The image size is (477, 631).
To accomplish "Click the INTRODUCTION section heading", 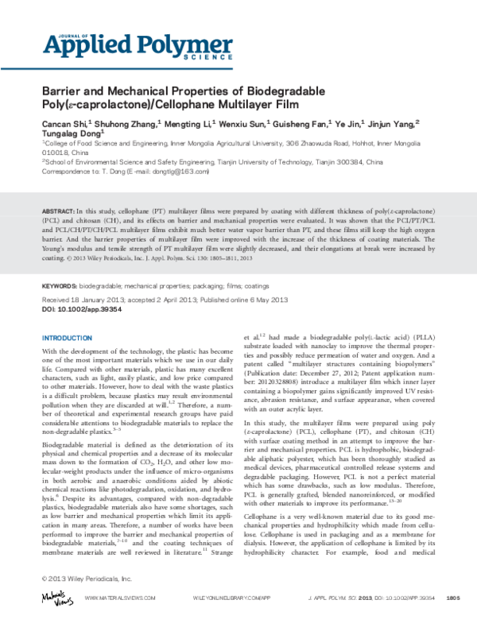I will pos(69,338).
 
